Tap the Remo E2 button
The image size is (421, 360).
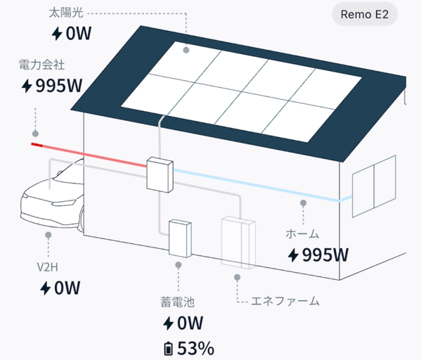(x=365, y=15)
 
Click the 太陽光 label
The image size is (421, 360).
(x=66, y=13)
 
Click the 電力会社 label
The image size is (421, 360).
(x=41, y=65)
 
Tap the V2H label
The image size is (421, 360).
(x=47, y=267)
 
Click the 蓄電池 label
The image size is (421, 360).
(x=177, y=302)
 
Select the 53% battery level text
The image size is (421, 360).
(x=195, y=348)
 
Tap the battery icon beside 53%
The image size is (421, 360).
(x=169, y=348)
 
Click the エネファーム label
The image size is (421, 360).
(x=285, y=301)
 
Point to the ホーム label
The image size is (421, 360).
(x=302, y=234)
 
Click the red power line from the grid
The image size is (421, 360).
(x=89, y=155)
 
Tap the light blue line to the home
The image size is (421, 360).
(x=262, y=186)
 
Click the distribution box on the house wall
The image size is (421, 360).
(x=160, y=174)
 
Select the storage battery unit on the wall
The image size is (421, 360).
(x=180, y=238)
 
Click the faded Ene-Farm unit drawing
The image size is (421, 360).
(x=238, y=243)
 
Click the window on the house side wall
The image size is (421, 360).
(x=374, y=186)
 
